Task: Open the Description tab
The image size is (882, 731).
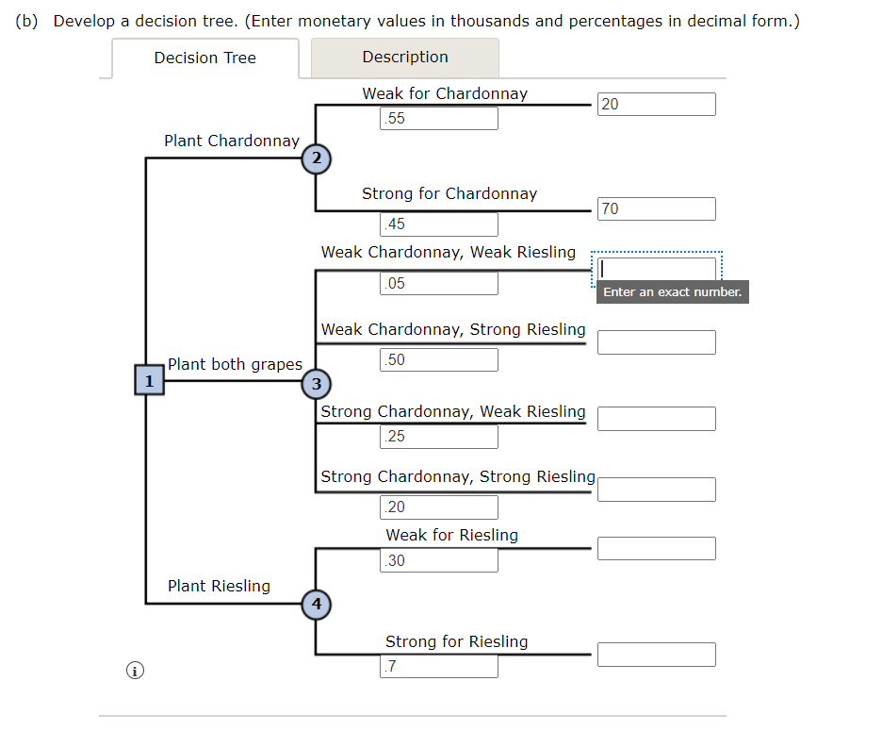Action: (405, 58)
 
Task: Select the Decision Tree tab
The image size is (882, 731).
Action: (204, 58)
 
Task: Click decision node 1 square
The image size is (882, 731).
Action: (149, 380)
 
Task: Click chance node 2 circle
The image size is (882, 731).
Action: (316, 158)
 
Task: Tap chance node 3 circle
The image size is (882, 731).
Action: (316, 383)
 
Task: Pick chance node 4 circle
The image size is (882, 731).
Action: (316, 603)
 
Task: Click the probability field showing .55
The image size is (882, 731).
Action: (439, 119)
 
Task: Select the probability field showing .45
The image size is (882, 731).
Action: (439, 224)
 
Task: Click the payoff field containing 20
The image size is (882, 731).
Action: (656, 105)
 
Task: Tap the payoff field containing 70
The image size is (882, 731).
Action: (656, 209)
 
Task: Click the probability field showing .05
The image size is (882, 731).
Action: (439, 284)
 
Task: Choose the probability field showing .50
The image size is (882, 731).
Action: (439, 360)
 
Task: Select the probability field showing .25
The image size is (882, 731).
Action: (439, 437)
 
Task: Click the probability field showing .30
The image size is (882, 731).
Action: (439, 561)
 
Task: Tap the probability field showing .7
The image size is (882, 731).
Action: (439, 667)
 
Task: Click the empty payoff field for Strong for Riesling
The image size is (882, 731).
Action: (656, 655)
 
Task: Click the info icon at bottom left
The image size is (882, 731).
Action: (135, 671)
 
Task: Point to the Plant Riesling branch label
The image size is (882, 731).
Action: (219, 586)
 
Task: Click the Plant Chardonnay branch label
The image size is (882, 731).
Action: (231, 141)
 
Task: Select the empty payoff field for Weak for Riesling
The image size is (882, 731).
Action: (656, 549)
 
